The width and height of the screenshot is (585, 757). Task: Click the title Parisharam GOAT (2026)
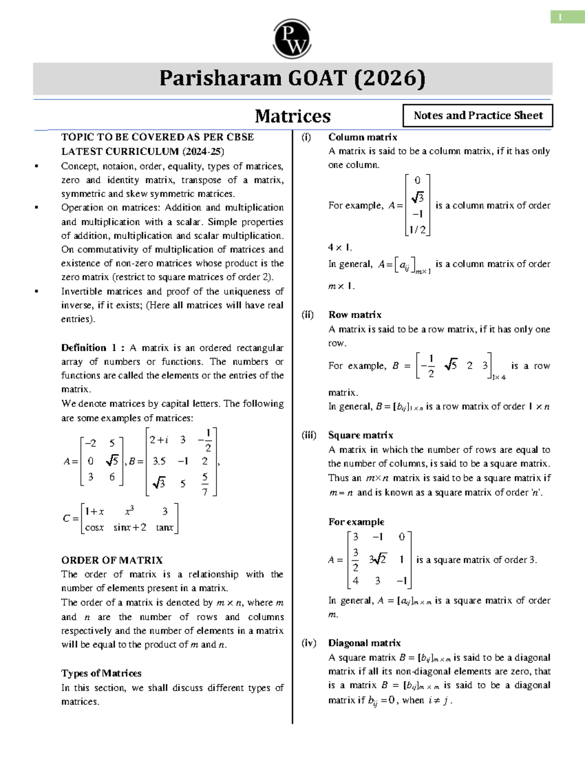tap(292, 78)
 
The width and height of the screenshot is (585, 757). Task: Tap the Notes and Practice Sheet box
tap(478, 116)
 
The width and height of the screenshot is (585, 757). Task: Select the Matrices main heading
tap(292, 116)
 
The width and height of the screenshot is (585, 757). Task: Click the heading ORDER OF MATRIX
tap(112, 560)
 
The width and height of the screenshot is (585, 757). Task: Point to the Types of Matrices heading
tap(101, 673)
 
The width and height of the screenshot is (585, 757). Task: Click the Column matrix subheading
tap(363, 137)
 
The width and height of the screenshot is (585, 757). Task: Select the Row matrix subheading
tap(355, 314)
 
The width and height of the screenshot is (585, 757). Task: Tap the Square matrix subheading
tap(361, 435)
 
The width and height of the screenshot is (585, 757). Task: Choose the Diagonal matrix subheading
tap(364, 643)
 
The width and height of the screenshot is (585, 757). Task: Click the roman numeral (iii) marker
tap(309, 435)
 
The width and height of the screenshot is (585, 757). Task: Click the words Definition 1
tap(89, 348)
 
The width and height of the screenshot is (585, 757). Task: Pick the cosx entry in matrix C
tap(94, 527)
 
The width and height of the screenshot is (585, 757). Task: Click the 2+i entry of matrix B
tap(159, 440)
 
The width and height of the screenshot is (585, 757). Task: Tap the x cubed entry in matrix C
tap(129, 511)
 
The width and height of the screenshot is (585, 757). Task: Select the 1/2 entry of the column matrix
tap(417, 230)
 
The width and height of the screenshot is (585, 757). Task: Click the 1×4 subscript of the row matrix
tap(499, 377)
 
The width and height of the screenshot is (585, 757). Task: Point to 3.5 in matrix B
tap(159, 461)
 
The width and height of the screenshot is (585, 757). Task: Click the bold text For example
tap(356, 522)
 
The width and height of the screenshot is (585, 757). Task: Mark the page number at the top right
tap(561, 18)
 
